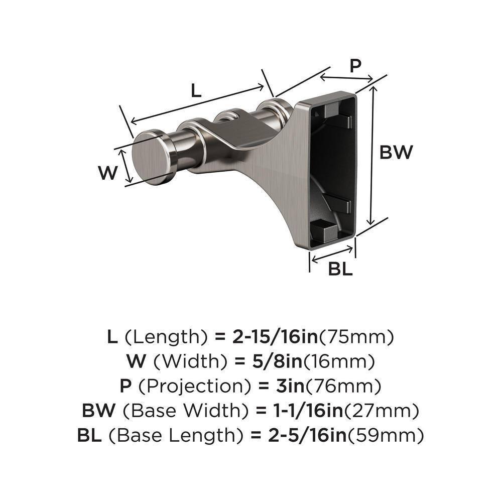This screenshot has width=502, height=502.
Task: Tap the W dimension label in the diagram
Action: coord(108,173)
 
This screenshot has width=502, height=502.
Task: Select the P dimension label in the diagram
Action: coord(355,66)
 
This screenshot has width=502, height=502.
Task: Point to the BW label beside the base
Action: coord(395,152)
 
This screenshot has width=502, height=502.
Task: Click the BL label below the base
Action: coord(340,269)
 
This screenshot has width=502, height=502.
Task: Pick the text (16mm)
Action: coord(344,361)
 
